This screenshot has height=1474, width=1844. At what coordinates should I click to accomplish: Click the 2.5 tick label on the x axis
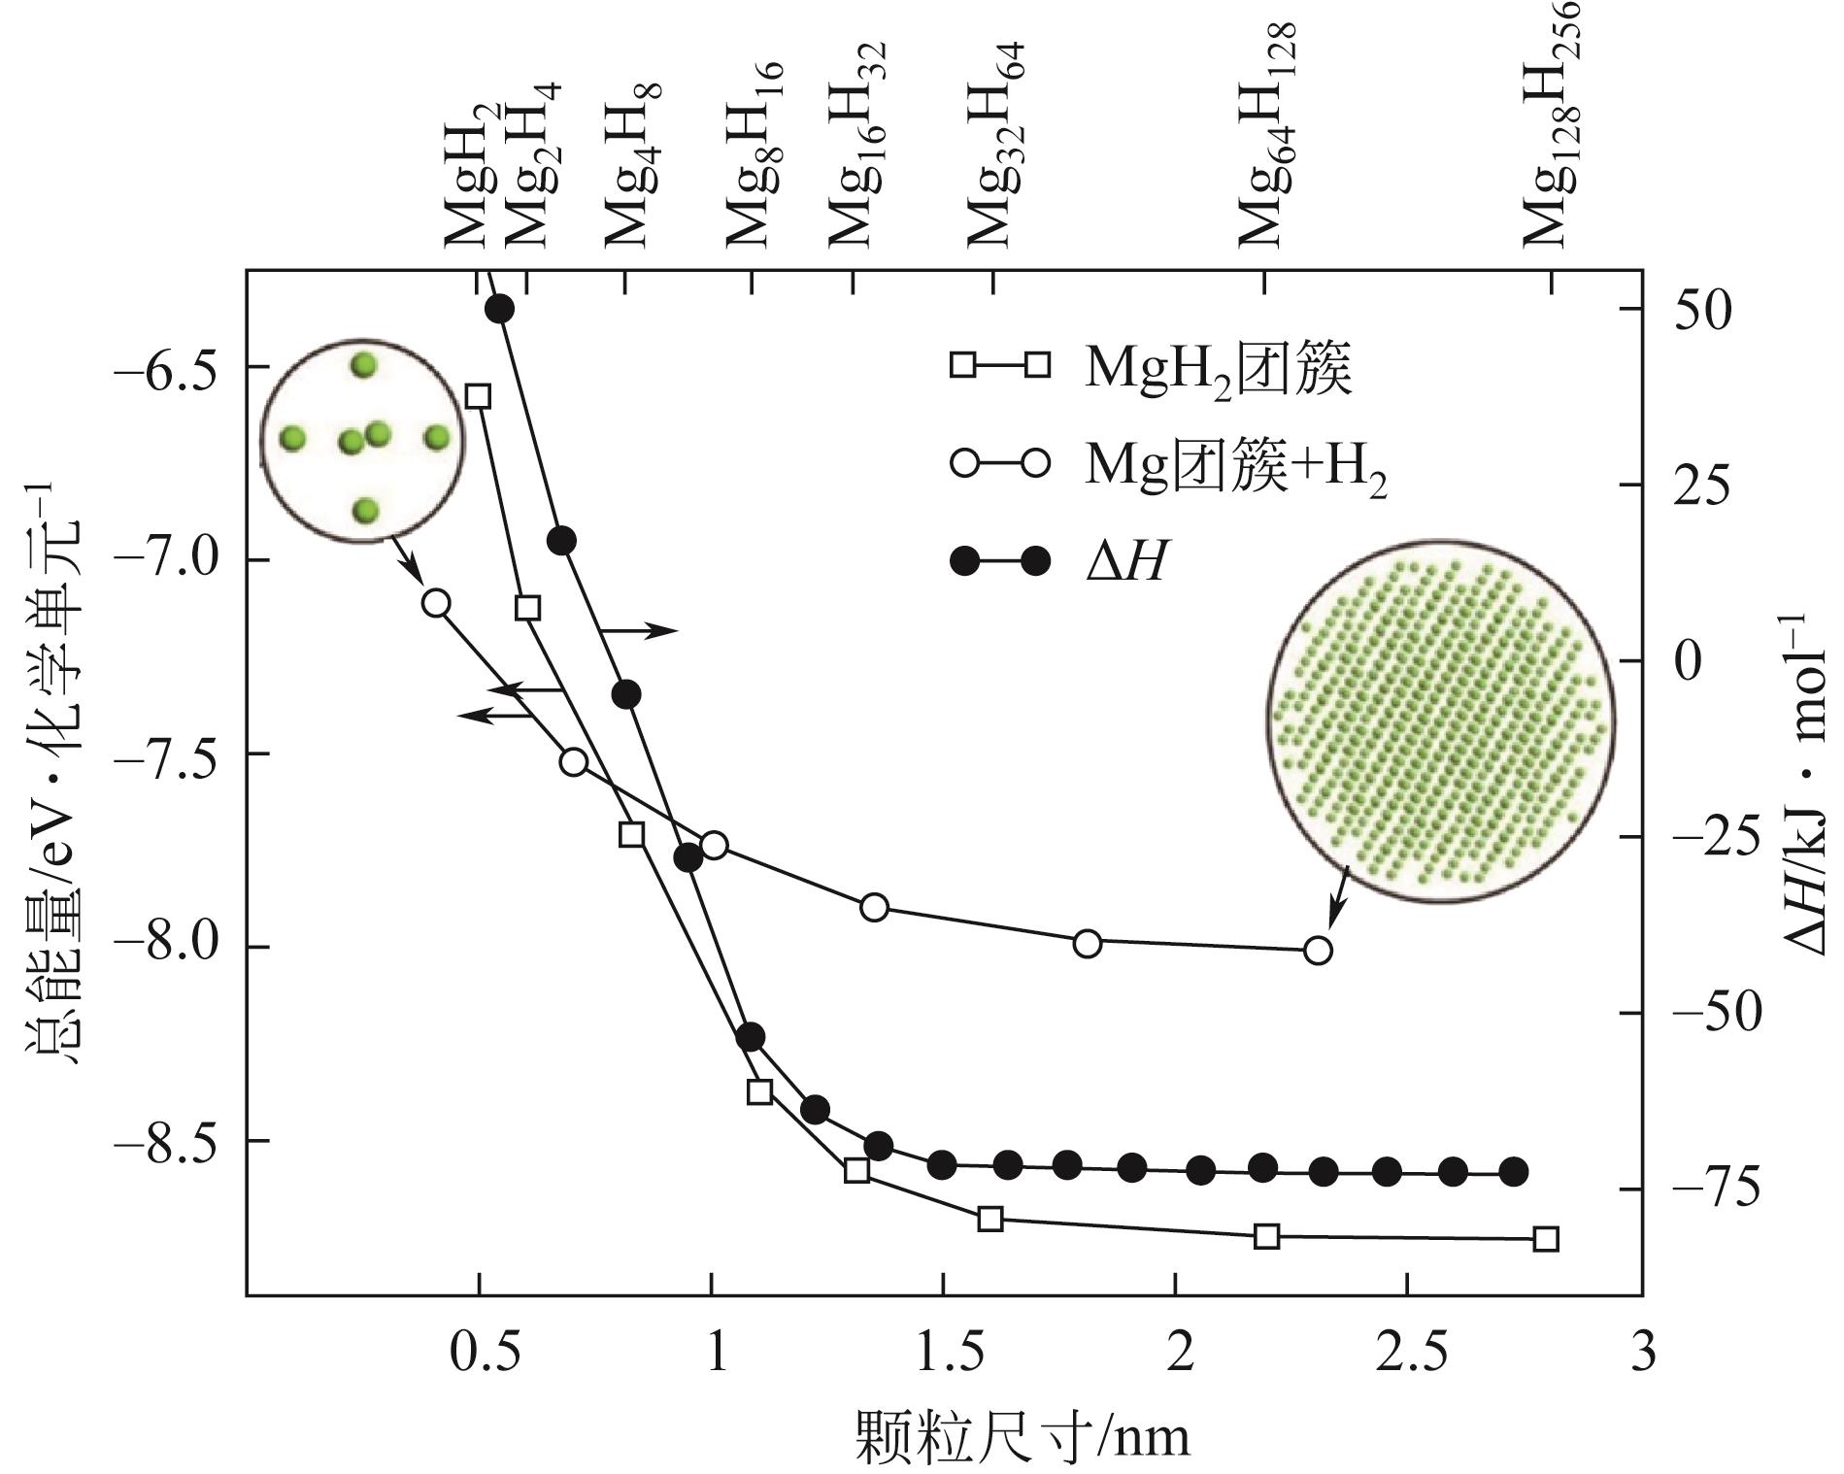1411,1352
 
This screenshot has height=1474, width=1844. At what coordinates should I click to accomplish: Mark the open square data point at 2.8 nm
1546,1239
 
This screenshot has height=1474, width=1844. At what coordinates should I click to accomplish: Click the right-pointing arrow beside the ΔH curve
638,630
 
